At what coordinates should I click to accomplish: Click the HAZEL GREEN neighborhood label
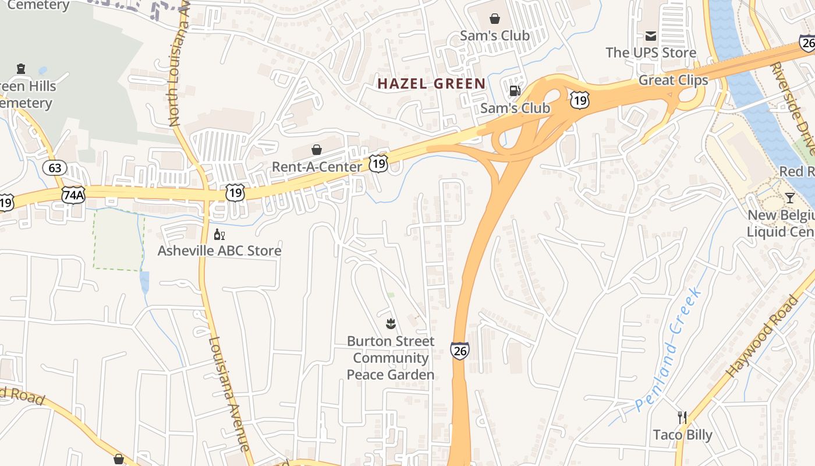[431, 83]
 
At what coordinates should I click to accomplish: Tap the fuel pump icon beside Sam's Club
[515, 90]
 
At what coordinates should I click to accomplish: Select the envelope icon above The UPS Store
[650, 37]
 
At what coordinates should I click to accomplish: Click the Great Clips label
[673, 80]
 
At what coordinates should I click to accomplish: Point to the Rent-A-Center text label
[317, 167]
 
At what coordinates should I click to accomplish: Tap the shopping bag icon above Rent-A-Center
[317, 150]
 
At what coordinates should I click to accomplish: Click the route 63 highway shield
[55, 168]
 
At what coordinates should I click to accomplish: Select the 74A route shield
[73, 195]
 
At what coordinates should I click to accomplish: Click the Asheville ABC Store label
[219, 251]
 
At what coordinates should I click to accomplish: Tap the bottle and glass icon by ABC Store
[219, 235]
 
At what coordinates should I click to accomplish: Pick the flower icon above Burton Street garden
[391, 323]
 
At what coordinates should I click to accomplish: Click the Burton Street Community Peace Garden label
[391, 358]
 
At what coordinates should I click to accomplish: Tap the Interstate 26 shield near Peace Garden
[459, 350]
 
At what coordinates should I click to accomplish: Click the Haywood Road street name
[763, 336]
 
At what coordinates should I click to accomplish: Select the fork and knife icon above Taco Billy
[682, 417]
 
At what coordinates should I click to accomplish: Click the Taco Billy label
[682, 435]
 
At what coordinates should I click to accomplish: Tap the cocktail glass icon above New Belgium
[789, 198]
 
